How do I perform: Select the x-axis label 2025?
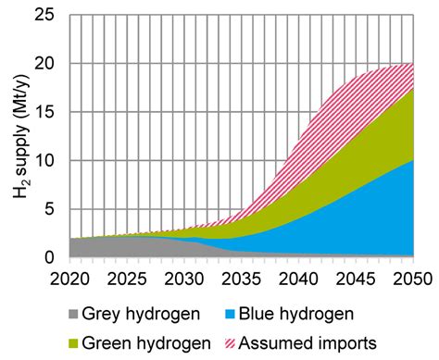pos(125,278)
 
